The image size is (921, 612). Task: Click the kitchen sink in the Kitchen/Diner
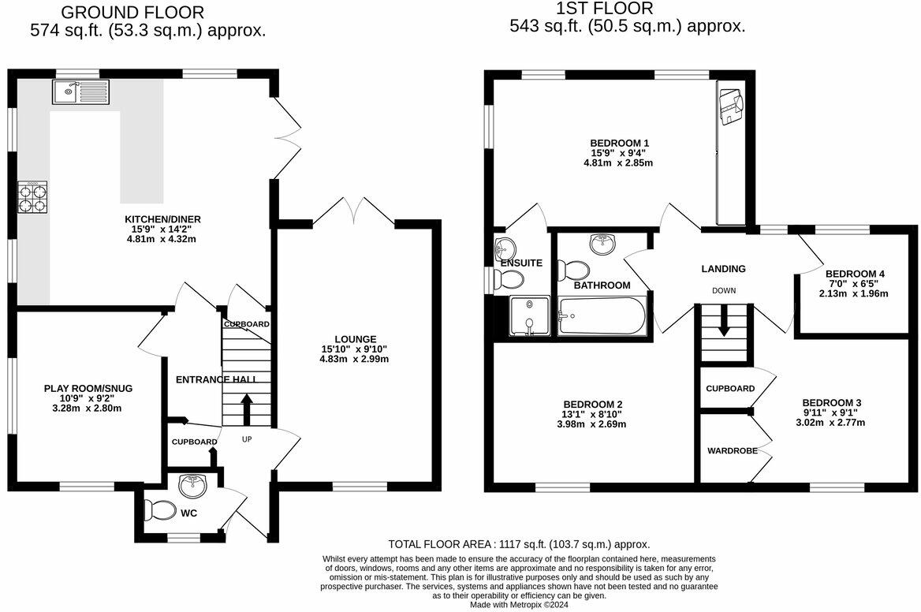pos(81,92)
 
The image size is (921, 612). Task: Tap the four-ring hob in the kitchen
pos(33,196)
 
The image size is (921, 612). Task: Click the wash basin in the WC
pos(192,483)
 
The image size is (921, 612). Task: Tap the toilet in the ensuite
pos(511,278)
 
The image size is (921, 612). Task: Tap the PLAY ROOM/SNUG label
pos(88,388)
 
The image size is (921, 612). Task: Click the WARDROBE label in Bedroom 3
pos(732,451)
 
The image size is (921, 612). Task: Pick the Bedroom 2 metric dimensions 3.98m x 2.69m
pos(593,424)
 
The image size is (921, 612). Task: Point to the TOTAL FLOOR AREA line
pos(519,544)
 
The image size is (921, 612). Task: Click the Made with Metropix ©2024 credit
pos(519,605)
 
